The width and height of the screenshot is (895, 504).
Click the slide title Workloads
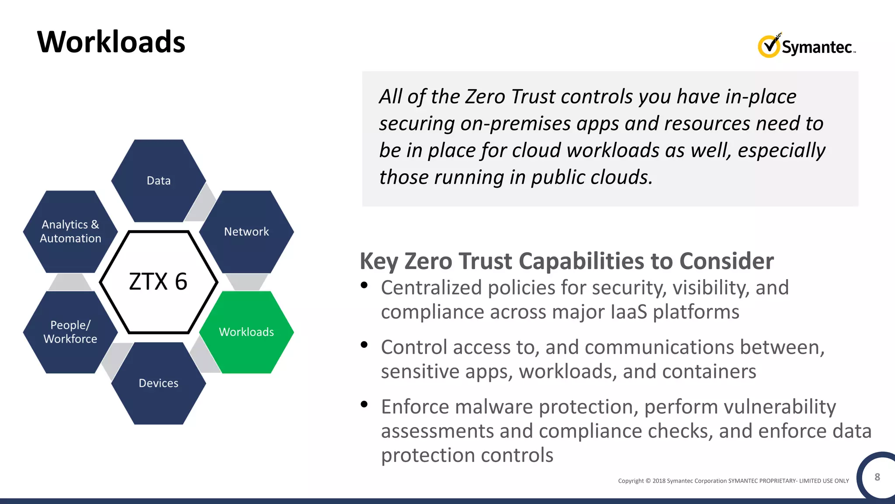coord(111,42)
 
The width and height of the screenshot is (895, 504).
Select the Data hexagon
coord(159,181)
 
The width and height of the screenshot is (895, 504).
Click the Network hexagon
coord(246,232)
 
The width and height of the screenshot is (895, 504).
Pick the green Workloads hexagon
coord(246,332)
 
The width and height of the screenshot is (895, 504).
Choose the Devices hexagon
coord(159,383)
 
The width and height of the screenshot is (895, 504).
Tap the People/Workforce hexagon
coord(70,332)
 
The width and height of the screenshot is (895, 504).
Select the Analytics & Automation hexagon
coord(70,231)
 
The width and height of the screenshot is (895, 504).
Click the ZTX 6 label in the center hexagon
coord(158,281)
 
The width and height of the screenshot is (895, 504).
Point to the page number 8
coord(877,477)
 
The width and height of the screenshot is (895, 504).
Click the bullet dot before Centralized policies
coord(364,286)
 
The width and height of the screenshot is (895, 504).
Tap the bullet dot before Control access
coord(364,345)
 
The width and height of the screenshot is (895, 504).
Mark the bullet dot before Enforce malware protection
coord(364,405)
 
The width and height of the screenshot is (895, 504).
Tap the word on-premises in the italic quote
coord(515,124)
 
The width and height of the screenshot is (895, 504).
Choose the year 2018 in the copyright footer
coord(659,481)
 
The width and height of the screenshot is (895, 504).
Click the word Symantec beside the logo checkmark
coord(816,47)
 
